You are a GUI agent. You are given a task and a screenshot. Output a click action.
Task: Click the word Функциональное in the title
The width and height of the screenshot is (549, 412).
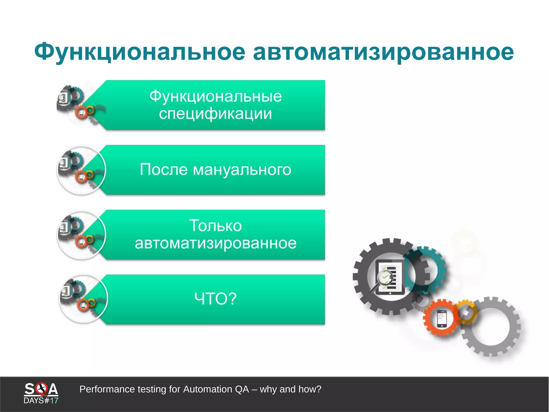(x=140, y=52)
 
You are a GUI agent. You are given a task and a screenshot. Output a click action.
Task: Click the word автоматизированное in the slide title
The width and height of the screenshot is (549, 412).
(x=383, y=52)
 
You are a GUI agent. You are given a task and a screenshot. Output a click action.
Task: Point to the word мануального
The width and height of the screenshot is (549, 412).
(x=242, y=170)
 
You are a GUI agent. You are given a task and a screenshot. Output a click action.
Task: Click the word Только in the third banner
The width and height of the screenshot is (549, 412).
(x=216, y=225)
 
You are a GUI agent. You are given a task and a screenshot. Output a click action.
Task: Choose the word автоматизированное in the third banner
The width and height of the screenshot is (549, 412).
(x=216, y=243)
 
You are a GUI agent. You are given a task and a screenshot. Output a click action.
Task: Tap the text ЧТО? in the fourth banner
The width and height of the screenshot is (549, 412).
(x=216, y=298)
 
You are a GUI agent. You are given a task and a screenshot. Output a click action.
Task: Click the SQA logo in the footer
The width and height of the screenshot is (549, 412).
(x=41, y=389)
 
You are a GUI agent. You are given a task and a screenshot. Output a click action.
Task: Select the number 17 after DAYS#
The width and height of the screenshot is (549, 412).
(x=54, y=401)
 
